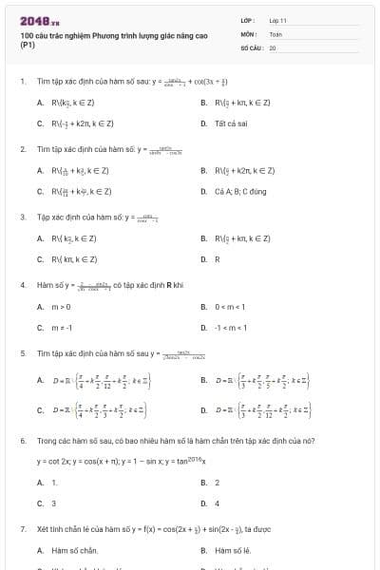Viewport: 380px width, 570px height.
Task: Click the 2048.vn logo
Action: click(x=39, y=21)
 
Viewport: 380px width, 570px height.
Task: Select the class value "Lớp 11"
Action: click(x=277, y=19)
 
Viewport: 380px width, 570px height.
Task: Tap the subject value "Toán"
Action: click(x=275, y=32)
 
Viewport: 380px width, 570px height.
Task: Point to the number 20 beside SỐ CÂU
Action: click(x=273, y=46)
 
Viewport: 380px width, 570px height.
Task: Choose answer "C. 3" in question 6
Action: click(x=47, y=503)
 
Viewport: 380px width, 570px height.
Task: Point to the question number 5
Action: click(x=22, y=352)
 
